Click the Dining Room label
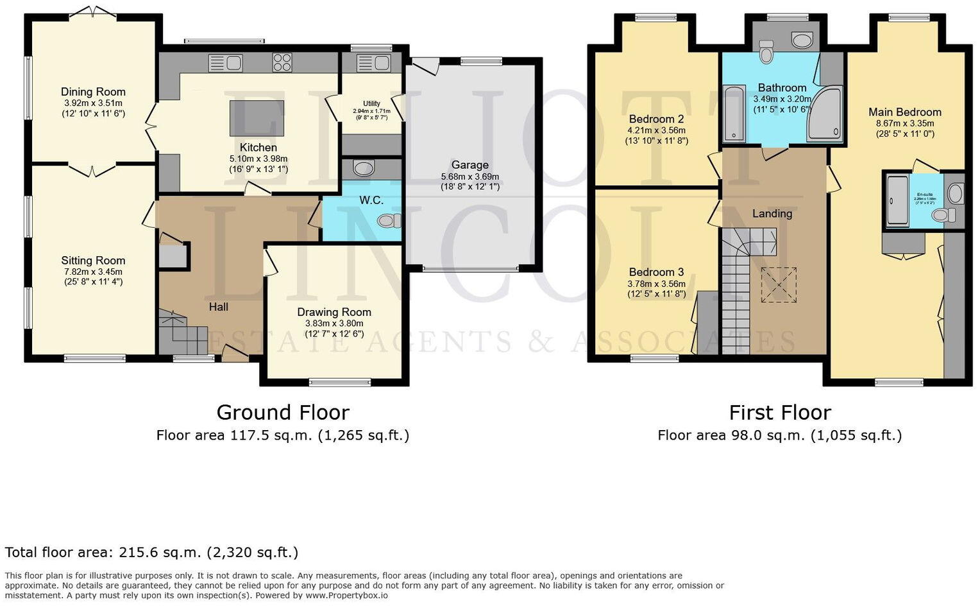coord(93,92)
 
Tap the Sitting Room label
coord(93,261)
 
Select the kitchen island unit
coord(257,118)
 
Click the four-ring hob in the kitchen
coord(282,62)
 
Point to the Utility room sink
coord(373,63)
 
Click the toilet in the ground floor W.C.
coord(389,221)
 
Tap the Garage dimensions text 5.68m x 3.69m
coord(470,177)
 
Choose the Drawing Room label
coord(334,313)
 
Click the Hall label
coord(219,307)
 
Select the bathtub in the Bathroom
coord(732,114)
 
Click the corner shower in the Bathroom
coord(825,116)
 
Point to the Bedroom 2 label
coord(656,119)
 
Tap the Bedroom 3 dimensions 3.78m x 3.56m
coord(656,284)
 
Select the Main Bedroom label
coord(904,112)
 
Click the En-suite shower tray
coord(897,200)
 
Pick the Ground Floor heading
coord(283,412)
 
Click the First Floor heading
coord(780,412)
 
